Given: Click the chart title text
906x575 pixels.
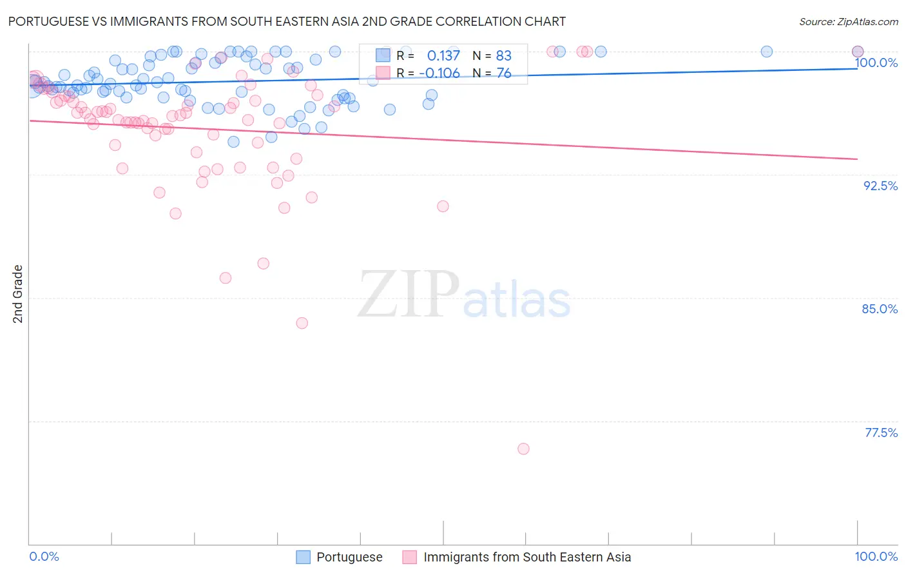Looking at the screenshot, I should click(x=287, y=21).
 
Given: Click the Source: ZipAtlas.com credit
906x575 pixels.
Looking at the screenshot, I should click(x=848, y=21).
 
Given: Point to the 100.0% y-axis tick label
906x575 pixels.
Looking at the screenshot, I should click(x=876, y=63).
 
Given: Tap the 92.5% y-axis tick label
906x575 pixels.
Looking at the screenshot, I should click(x=880, y=186).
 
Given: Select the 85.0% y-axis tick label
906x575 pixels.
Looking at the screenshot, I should click(x=880, y=309).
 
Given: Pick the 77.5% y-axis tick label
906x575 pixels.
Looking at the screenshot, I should click(x=881, y=433).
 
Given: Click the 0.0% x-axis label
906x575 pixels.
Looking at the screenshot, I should click(x=44, y=557).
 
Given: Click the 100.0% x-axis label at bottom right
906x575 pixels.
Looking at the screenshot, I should click(x=876, y=557).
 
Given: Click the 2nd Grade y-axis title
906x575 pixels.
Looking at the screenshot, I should click(x=18, y=294).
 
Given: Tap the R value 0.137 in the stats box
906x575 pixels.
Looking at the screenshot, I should click(x=443, y=56).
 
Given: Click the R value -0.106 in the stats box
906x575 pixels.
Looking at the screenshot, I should click(x=439, y=73).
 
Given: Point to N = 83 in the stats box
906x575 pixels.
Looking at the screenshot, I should click(x=492, y=56).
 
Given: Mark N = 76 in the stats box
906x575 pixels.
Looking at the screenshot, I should click(x=492, y=73).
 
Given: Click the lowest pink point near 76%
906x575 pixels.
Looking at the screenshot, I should click(x=523, y=449).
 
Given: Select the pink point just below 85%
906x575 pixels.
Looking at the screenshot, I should click(x=302, y=323).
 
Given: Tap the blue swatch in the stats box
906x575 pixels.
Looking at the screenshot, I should click(x=383, y=55).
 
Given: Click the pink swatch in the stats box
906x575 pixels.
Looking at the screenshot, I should click(x=383, y=72).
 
